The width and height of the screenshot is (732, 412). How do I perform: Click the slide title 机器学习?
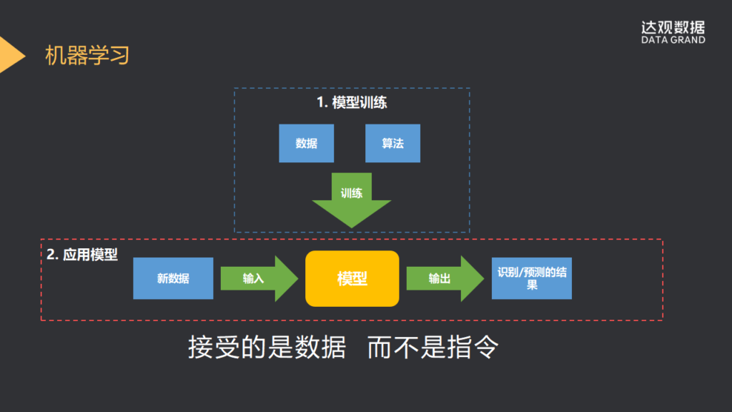click(87, 55)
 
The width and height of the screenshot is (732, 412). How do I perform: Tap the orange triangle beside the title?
click(10, 54)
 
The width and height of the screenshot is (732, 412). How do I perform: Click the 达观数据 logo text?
click(673, 27)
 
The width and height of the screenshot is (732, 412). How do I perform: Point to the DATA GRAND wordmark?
click(673, 40)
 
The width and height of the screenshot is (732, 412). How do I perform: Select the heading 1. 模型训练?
click(352, 102)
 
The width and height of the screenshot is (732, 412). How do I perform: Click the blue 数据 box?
click(306, 143)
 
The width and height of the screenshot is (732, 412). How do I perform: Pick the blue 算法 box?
click(392, 143)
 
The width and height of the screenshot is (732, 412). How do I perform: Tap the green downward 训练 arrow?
click(352, 204)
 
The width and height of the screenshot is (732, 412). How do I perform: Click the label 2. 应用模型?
click(82, 255)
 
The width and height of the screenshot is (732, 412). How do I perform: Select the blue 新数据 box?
click(173, 278)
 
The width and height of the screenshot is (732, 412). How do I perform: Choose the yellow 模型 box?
click(352, 278)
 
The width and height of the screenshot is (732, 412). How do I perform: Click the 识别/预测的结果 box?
click(531, 278)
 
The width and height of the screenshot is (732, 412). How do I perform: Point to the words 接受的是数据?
click(267, 348)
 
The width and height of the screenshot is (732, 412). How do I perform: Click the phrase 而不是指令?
click(432, 348)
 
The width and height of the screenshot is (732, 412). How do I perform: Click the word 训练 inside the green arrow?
click(352, 193)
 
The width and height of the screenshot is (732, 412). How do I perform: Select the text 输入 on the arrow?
click(253, 278)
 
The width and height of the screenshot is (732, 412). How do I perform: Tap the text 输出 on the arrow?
click(439, 278)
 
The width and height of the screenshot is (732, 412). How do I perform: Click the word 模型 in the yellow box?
click(352, 278)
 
